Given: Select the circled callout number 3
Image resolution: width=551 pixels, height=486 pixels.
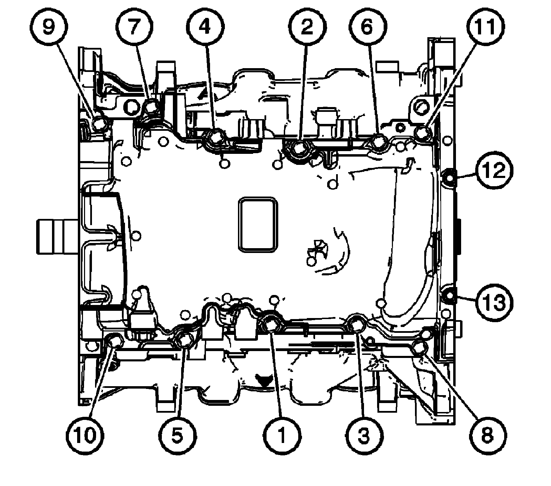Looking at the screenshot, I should (x=364, y=435).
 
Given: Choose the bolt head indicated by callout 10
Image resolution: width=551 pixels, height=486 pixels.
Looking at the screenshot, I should (x=114, y=341).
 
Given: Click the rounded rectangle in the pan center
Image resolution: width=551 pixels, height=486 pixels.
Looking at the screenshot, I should (x=258, y=225).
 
